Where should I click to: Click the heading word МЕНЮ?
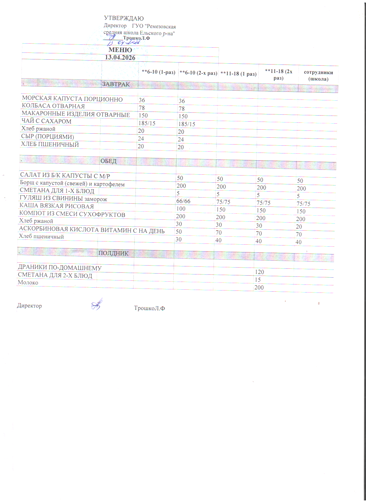(x=120, y=50)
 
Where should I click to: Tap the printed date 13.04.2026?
(x=120, y=57)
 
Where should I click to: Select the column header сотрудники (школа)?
(x=318, y=76)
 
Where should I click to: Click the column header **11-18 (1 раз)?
(x=238, y=74)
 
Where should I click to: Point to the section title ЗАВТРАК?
(x=116, y=84)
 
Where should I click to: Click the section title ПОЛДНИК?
(x=113, y=253)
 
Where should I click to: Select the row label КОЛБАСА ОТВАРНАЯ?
(x=53, y=106)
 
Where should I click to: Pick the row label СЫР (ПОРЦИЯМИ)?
(x=48, y=137)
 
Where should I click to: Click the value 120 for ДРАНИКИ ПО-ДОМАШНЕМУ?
(x=260, y=272)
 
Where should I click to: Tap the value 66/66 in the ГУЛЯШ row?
(x=183, y=201)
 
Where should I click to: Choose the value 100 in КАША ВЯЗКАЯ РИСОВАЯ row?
(x=181, y=209)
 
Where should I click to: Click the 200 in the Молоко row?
(x=259, y=287)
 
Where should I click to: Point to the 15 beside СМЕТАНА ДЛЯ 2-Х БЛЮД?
(x=258, y=280)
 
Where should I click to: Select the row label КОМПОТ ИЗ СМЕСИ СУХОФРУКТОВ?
(x=72, y=214)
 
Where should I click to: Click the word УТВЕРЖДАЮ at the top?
(x=124, y=19)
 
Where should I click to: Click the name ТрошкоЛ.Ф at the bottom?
(x=149, y=308)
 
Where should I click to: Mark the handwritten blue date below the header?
(x=123, y=43)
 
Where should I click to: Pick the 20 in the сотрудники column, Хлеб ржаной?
(x=299, y=227)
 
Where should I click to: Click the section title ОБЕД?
(x=109, y=161)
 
